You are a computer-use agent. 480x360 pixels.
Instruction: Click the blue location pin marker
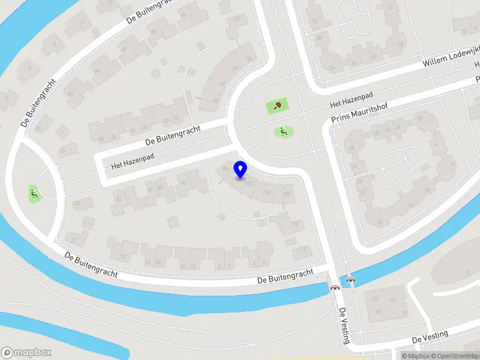241,170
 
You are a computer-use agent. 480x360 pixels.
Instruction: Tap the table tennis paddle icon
277,106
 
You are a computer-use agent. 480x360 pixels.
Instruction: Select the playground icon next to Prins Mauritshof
283,131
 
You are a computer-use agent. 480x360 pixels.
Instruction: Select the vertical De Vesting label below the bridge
344,326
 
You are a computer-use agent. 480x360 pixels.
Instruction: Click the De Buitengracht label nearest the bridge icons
286,276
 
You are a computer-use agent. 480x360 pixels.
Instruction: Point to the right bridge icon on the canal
351,279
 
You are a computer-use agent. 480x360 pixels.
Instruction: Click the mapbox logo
27,353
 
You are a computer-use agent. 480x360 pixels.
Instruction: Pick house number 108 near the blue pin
287,194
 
